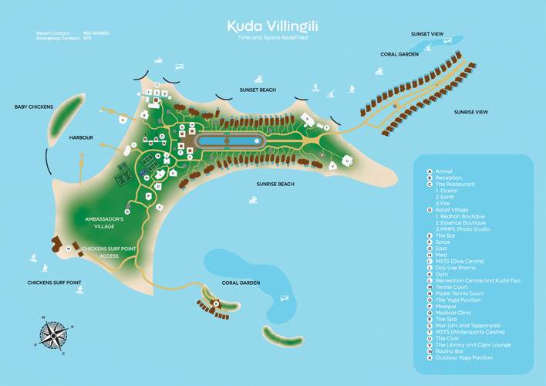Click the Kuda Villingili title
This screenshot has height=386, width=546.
[273, 26]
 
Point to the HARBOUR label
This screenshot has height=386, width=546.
[80, 137]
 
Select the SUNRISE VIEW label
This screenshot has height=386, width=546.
[471, 112]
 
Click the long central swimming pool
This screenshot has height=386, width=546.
[230, 141]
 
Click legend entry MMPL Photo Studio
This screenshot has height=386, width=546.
[462, 229]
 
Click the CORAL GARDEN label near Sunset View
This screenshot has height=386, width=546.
[399, 54]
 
